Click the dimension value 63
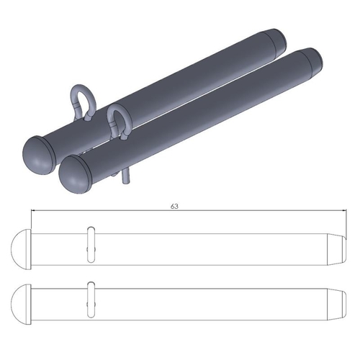[174, 206]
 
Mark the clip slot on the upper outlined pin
[90, 246]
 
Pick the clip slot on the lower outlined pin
[90, 301]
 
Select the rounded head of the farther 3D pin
[39, 150]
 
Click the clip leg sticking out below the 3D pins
[127, 177]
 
